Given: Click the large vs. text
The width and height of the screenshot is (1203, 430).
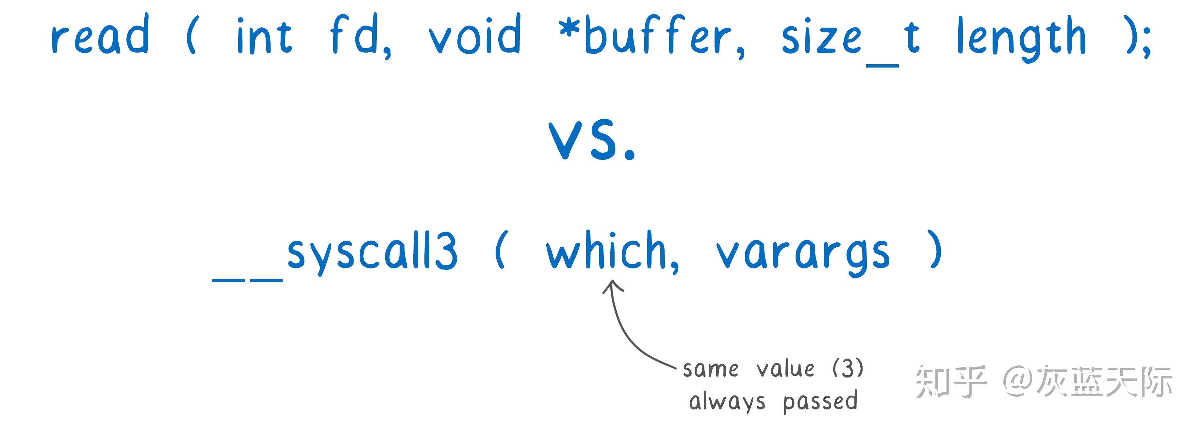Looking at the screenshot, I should pyautogui.click(x=592, y=140).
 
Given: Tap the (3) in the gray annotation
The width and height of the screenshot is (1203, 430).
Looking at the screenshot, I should pyautogui.click(x=848, y=368).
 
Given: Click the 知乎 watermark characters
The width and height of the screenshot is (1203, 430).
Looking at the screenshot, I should pyautogui.click(x=950, y=381).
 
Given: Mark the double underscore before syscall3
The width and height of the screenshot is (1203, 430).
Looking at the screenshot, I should pyautogui.click(x=248, y=280).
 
